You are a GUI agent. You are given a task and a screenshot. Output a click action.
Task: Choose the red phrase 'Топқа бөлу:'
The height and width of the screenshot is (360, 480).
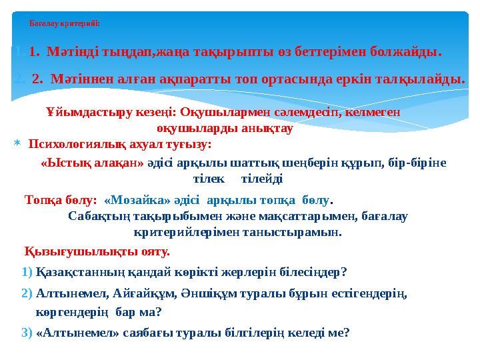pyautogui.click(x=60, y=199)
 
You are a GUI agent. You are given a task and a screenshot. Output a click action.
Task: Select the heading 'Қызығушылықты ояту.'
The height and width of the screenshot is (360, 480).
pyautogui.click(x=97, y=252)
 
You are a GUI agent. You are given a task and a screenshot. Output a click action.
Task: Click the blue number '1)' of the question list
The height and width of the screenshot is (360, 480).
pyautogui.click(x=27, y=272)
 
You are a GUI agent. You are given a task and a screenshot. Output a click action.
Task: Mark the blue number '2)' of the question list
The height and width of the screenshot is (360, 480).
pyautogui.click(x=27, y=293)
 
